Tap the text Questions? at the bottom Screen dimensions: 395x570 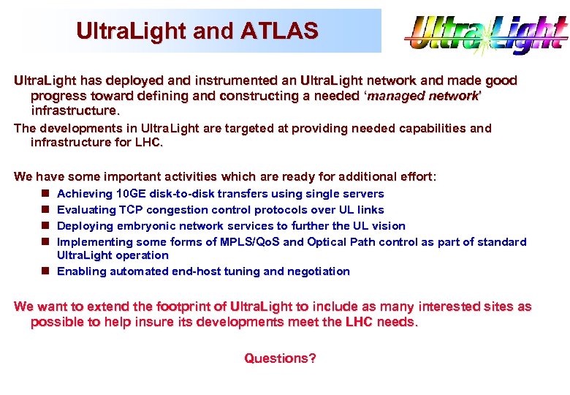(x=280, y=358)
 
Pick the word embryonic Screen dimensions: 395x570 (x=141, y=226)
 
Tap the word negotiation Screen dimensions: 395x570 (x=319, y=271)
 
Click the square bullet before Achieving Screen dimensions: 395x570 (x=45, y=194)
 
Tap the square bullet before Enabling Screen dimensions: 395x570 (x=45, y=271)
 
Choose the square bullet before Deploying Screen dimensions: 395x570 (x=45, y=226)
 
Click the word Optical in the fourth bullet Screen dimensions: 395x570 (x=329, y=242)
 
